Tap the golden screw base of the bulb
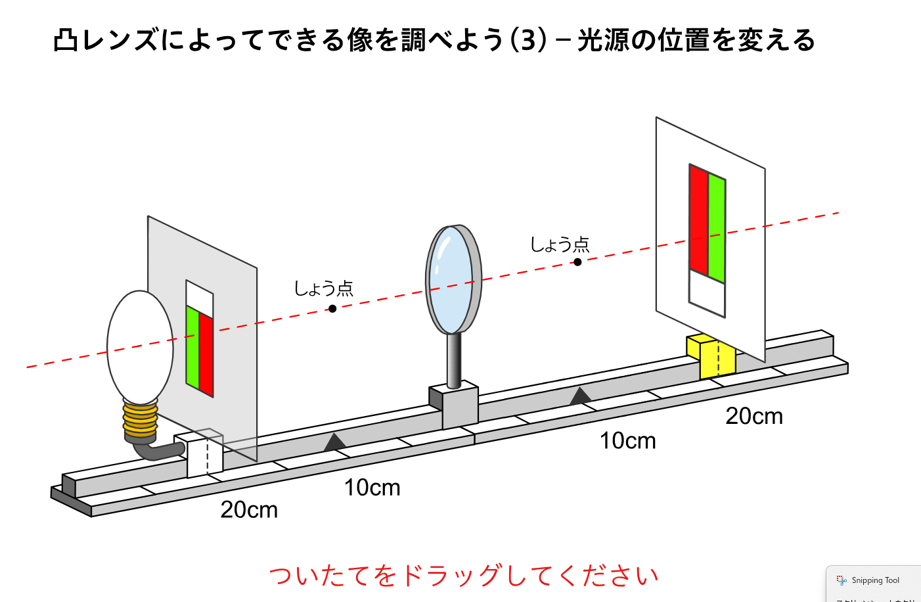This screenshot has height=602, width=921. coord(140,421)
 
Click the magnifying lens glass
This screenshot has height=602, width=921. coord(451,279)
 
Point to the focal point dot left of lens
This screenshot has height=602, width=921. coord(332,309)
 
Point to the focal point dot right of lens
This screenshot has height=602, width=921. coord(577,262)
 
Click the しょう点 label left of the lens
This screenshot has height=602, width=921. coord(323,288)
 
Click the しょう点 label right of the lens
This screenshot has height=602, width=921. coord(560,244)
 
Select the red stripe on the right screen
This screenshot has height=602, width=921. coord(698,220)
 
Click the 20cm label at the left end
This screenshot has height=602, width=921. coord(249,509)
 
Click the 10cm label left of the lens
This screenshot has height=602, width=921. coord(372,488)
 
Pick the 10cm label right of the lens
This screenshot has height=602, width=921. coord(627,440)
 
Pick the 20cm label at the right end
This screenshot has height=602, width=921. coord(754,416)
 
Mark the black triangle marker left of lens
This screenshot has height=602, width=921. coord(335,442)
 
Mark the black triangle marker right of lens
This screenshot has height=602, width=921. coord(580,396)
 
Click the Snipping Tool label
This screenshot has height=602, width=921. coord(875,580)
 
